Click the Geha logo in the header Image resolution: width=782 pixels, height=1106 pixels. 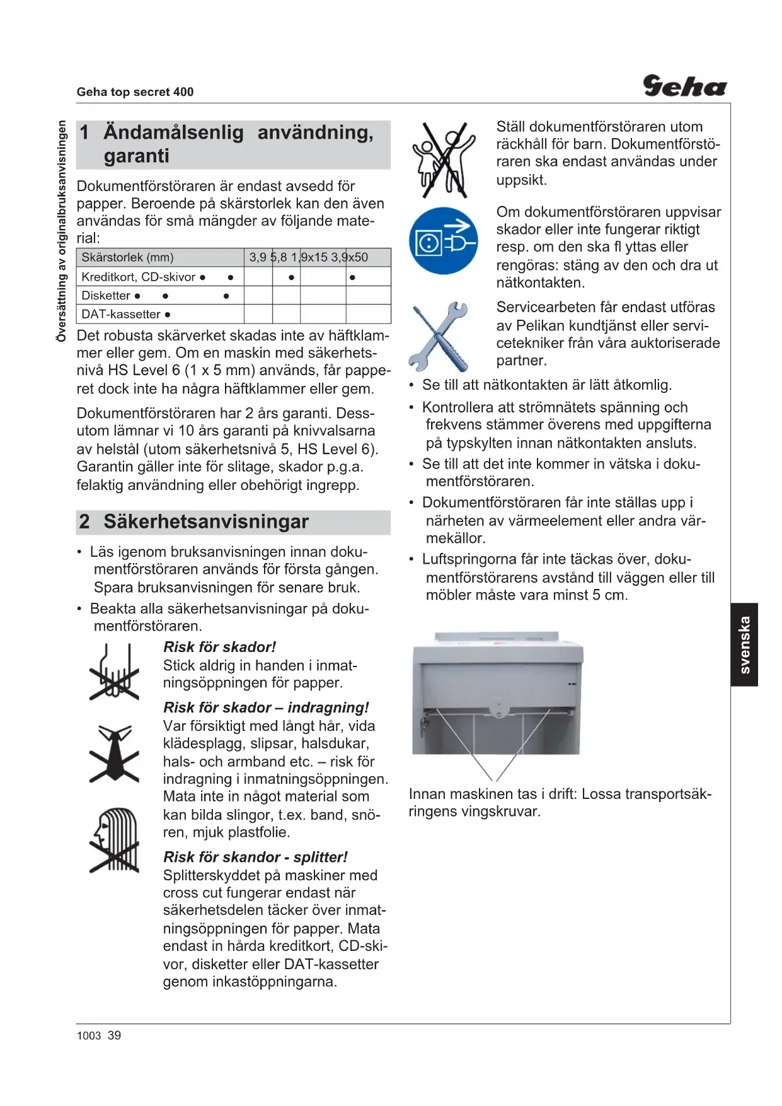(x=684, y=86)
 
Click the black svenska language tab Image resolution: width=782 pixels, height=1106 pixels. (x=744, y=644)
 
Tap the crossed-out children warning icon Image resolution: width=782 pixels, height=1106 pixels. (x=444, y=160)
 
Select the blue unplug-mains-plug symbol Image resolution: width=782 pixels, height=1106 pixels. (x=443, y=241)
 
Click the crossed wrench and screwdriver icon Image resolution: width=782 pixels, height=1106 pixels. (x=439, y=336)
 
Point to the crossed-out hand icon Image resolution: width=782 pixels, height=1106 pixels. (x=114, y=673)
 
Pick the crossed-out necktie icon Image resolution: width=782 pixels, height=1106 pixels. (x=114, y=754)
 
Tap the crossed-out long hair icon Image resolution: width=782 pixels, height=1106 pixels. (x=115, y=840)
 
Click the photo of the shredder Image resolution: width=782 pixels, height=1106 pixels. (x=497, y=694)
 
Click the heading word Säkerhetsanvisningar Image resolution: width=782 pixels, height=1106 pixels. (x=206, y=522)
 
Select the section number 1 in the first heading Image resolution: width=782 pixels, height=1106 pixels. (x=84, y=132)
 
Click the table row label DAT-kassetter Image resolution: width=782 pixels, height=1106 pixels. (x=122, y=314)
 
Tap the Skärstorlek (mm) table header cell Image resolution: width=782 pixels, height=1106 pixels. (x=127, y=257)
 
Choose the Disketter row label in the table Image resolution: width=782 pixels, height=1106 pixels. (x=106, y=296)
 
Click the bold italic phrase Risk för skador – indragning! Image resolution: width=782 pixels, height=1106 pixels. (x=266, y=707)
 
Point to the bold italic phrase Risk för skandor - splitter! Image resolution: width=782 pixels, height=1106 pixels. (x=255, y=857)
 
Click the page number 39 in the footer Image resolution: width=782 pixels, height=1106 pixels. (x=114, y=1035)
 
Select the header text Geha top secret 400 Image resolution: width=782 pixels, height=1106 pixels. (x=135, y=92)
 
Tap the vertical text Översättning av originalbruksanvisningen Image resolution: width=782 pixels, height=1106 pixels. (x=61, y=231)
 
